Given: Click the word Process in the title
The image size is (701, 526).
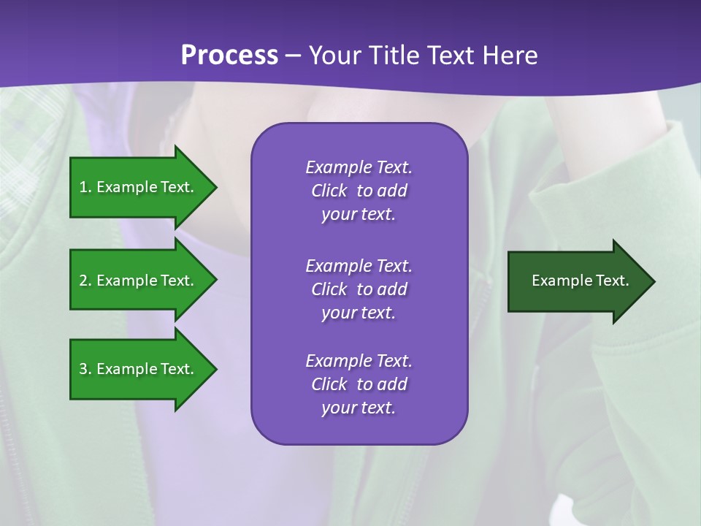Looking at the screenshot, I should pos(229,56).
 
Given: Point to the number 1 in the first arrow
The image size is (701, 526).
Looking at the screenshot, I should pos(83,187).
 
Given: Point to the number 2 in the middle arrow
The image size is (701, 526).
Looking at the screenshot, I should pos(83,281).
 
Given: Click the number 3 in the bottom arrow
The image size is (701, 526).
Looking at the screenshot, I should pos(83,369).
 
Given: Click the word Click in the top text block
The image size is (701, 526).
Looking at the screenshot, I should pos(329,191).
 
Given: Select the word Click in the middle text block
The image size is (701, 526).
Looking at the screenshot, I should pos(329,289).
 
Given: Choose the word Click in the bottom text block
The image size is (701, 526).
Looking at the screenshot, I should pos(329,384).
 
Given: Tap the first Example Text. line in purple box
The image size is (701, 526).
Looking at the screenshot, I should pos(359,167).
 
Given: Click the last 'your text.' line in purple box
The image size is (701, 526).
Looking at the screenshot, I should pos(359,408).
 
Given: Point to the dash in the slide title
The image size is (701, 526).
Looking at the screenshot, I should pos(294,56).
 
